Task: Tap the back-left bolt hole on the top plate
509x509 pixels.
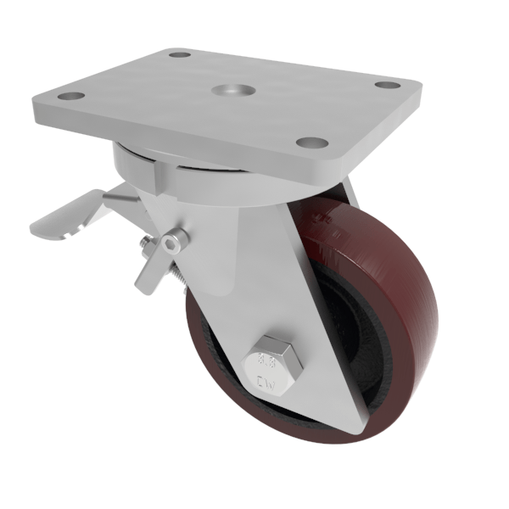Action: (x=179, y=55)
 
